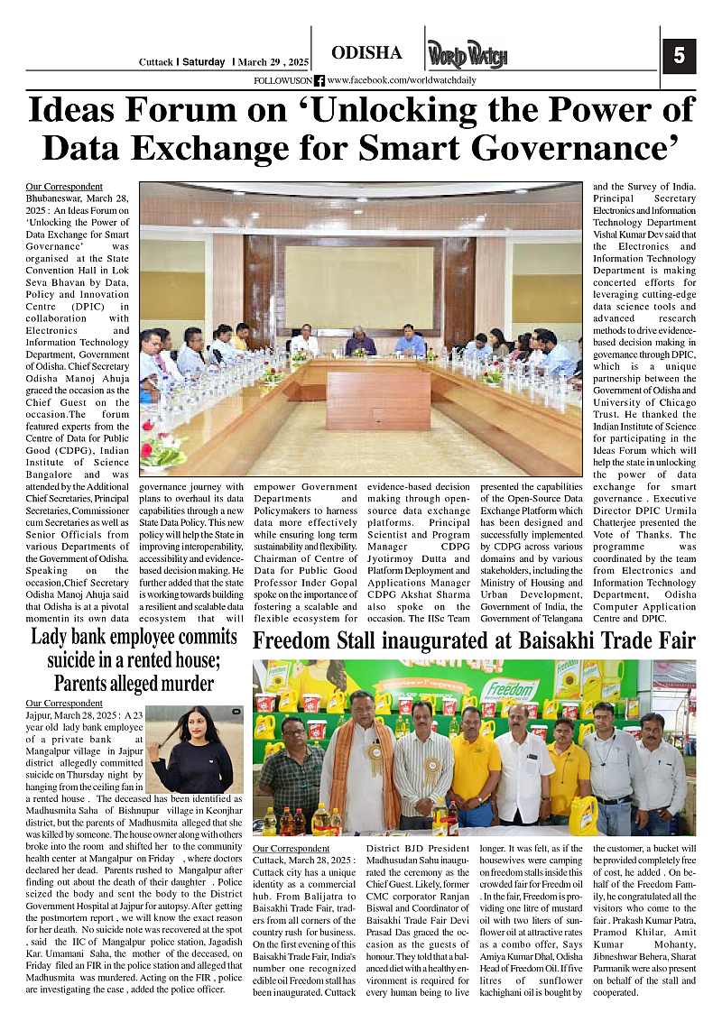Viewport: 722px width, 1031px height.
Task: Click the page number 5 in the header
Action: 679,56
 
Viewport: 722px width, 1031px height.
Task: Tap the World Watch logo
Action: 467,55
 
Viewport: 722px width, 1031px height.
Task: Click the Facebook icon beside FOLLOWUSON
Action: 319,81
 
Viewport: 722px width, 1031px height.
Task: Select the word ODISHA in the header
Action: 366,53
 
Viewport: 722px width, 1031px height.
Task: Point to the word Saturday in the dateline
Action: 203,62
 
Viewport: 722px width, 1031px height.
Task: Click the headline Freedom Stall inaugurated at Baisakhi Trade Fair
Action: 486,641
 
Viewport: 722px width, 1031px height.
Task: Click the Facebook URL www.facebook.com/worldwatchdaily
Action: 402,81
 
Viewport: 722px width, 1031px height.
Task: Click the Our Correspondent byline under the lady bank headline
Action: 64,703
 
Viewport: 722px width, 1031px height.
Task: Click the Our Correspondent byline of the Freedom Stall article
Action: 292,849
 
